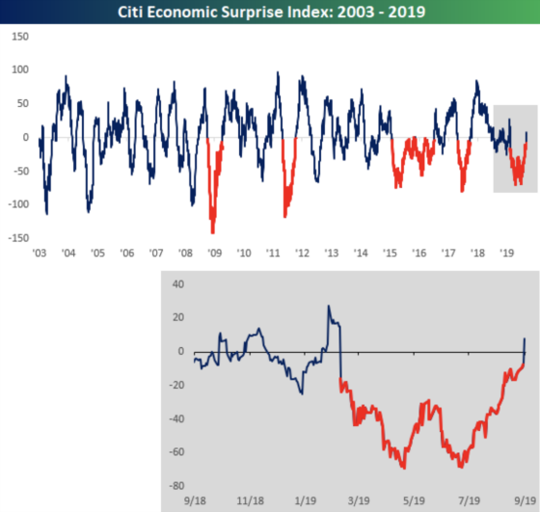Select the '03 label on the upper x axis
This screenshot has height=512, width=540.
40,253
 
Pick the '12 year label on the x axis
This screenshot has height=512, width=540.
302,253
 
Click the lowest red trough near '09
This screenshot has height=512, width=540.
212,232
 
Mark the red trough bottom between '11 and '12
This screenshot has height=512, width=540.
285,216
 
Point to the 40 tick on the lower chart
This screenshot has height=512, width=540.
176,284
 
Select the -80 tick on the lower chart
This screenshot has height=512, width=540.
175,484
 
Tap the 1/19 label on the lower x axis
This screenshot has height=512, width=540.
306,501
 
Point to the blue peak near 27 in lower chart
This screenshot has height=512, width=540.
328,307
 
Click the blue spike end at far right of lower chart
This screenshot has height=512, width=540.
525,338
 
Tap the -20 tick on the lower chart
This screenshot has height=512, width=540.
175,385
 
